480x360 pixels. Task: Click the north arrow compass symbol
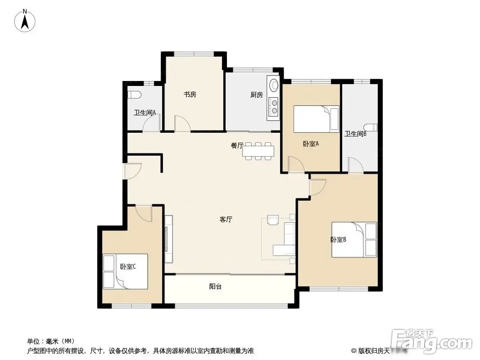click(25, 21)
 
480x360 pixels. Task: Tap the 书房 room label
click(190, 94)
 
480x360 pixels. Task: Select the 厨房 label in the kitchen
click(257, 95)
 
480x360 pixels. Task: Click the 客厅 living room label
click(226, 219)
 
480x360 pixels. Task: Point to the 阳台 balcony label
click(216, 287)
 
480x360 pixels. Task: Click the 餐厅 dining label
click(237, 146)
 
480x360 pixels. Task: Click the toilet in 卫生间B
click(371, 127)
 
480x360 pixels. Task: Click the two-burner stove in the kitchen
click(273, 107)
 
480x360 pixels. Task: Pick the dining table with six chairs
click(258, 151)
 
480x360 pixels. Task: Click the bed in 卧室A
click(317, 119)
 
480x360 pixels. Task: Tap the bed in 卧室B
click(354, 239)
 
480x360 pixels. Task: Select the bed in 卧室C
click(125, 271)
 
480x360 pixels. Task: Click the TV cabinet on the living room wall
click(169, 239)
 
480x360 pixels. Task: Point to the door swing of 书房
click(182, 124)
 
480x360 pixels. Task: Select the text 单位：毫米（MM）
click(51, 341)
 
